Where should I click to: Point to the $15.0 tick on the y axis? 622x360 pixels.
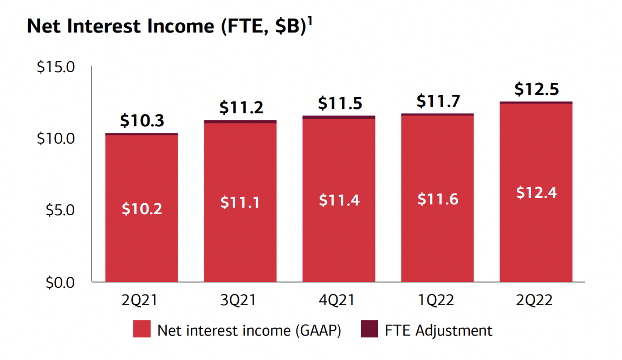pos(56,68)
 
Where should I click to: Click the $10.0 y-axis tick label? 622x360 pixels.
pos(56,138)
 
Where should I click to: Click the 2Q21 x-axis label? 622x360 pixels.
pos(141,300)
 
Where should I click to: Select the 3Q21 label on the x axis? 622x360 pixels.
pos(240,300)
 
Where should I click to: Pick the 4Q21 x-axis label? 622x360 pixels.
pos(339,300)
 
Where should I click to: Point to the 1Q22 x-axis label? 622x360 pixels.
pos(437,300)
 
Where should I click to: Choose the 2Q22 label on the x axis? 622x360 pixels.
pos(536,300)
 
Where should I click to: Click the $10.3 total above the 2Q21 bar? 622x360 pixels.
pos(141,121)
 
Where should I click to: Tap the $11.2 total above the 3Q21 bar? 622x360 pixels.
pos(241,108)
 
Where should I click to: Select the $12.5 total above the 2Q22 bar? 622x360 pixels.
pos(536,89)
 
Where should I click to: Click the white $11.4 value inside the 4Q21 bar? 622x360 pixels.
pos(339,201)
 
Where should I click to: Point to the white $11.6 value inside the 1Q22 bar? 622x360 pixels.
pos(438,199)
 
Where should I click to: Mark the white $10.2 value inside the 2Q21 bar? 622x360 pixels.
pos(141,209)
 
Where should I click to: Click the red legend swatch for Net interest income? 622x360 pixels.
pos(142,330)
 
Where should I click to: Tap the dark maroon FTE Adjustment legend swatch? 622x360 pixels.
pos(370,330)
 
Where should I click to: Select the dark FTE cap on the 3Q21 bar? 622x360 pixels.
pos(240,121)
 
